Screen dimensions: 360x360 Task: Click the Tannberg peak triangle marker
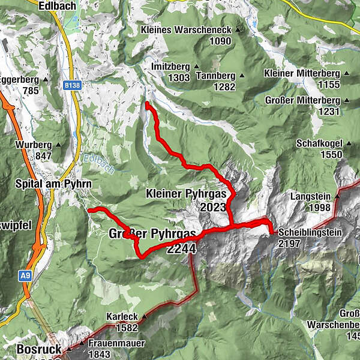(242, 76)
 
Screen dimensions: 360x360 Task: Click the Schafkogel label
(318, 144)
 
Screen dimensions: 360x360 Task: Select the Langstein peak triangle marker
(337, 196)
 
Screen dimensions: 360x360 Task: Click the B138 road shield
(71, 86)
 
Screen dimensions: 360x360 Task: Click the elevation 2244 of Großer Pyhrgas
(183, 248)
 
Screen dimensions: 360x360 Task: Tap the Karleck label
(119, 316)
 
